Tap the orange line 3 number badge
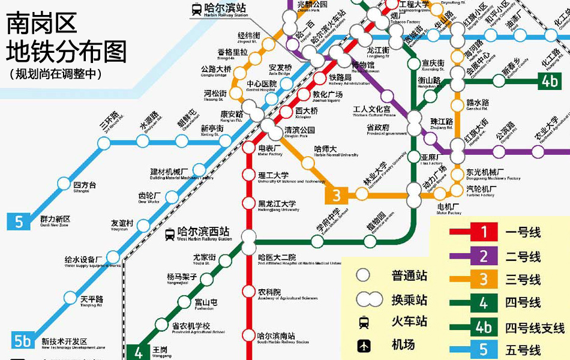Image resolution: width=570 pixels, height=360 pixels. pyautogui.click(x=337, y=194)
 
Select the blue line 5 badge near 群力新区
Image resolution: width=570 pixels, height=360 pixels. pyautogui.click(x=19, y=221)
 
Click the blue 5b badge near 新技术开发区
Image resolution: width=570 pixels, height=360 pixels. pyautogui.click(x=22, y=340)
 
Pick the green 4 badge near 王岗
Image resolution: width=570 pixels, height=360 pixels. pyautogui.click(x=139, y=352)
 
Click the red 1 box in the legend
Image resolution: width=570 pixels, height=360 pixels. pyautogui.click(x=484, y=232)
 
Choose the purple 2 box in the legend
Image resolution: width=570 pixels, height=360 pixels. pyautogui.click(x=484, y=256)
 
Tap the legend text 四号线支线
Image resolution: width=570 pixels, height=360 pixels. pyautogui.click(x=535, y=328)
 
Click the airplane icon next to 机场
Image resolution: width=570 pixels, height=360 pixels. pyautogui.click(x=364, y=346)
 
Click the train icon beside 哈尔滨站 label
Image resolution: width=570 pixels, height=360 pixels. pyautogui.click(x=196, y=8)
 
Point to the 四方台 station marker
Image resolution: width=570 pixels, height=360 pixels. pyautogui.click(x=64, y=184)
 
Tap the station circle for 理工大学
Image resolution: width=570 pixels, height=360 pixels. pyautogui.click(x=249, y=175)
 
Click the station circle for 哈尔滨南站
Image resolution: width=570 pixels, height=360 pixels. pyautogui.click(x=249, y=335)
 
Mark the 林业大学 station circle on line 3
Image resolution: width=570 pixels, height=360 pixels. pyautogui.click(x=362, y=194)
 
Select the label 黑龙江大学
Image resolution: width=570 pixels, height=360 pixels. pyautogui.click(x=277, y=204)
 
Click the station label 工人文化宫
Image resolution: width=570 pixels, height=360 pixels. pyautogui.click(x=371, y=110)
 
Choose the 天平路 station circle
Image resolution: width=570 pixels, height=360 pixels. pyautogui.click(x=71, y=298)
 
